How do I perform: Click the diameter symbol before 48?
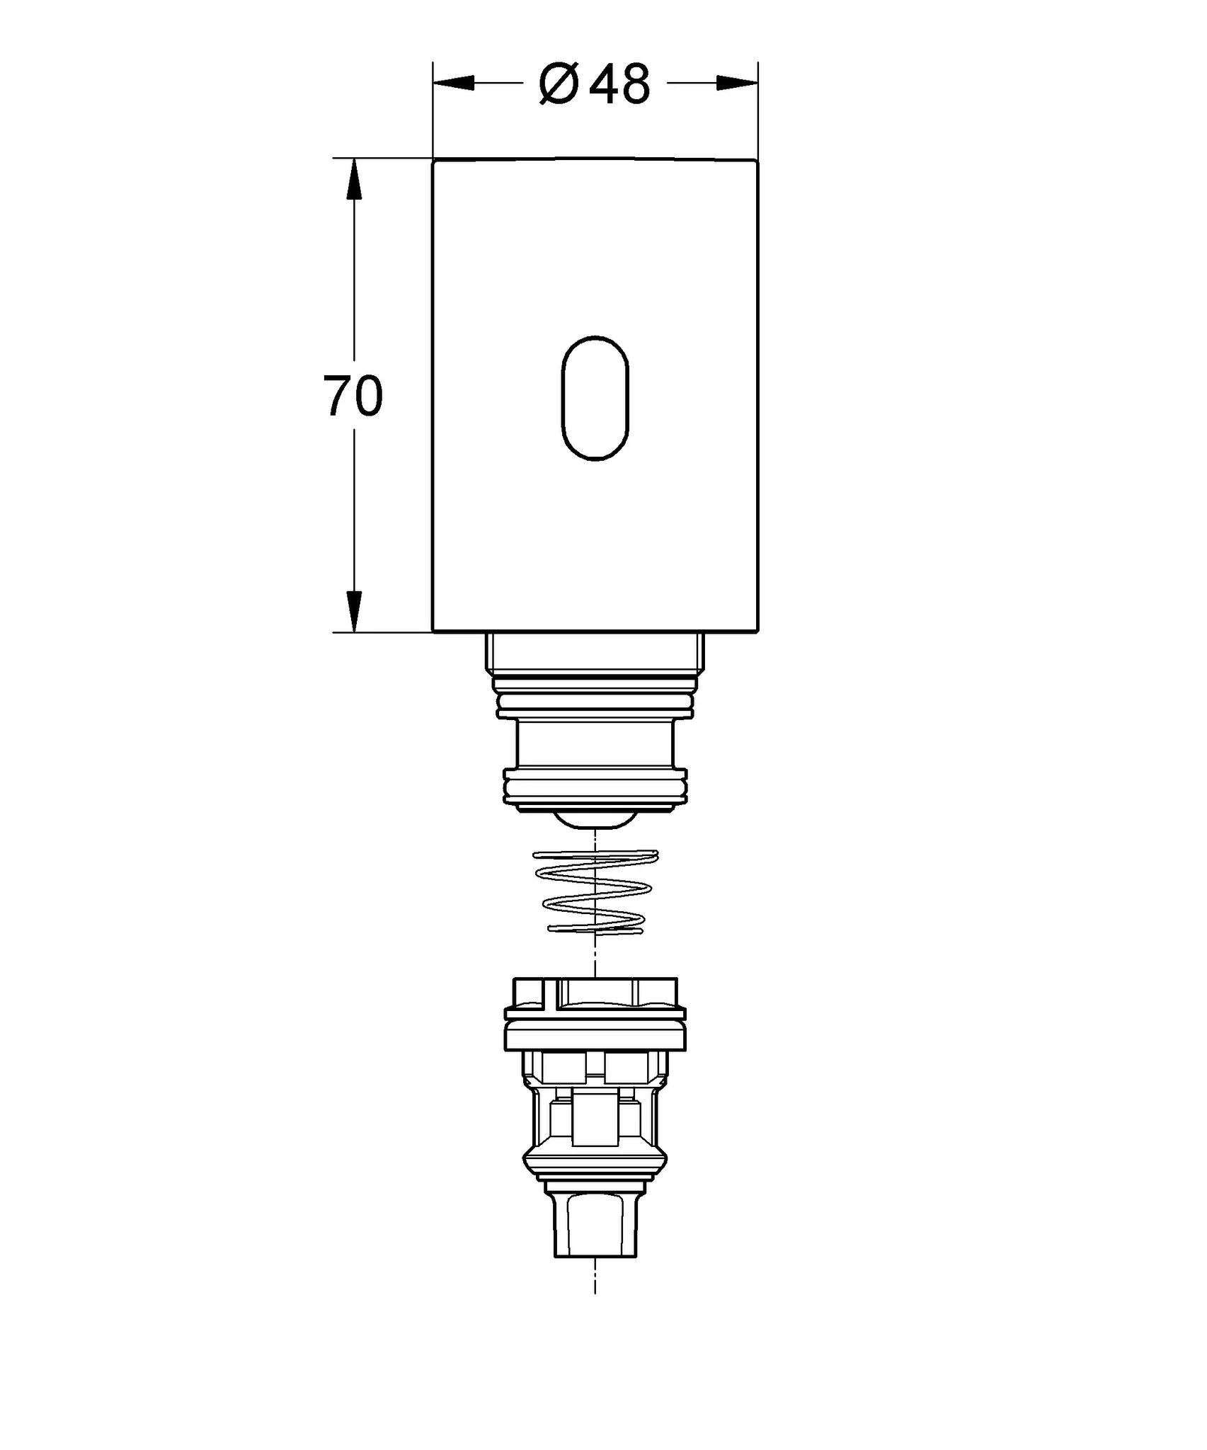tap(559, 85)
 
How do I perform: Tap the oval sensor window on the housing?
tap(595, 399)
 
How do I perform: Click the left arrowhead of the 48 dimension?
tap(453, 84)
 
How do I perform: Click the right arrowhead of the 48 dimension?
tap(738, 84)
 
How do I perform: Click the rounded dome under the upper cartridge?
tap(595, 819)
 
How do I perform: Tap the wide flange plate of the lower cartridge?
tap(595, 1038)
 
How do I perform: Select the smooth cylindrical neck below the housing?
tap(595, 743)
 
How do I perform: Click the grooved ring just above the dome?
tap(595, 787)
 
